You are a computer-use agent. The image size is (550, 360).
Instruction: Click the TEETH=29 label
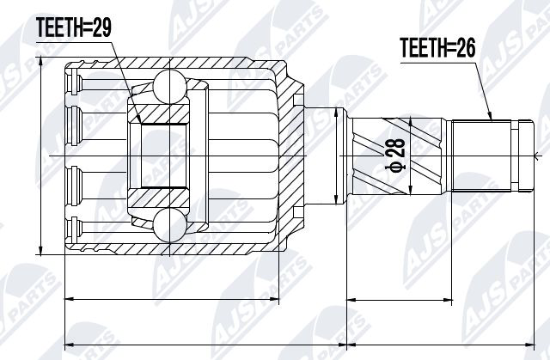pyautogui.click(x=74, y=27)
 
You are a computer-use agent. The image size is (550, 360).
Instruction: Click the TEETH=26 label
pyautogui.click(x=437, y=47)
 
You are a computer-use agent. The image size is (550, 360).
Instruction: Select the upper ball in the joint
pyautogui.click(x=170, y=87)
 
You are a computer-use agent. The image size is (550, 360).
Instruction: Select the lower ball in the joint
pyautogui.click(x=170, y=225)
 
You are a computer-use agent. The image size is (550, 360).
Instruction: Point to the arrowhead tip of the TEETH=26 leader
pyautogui.click(x=491, y=120)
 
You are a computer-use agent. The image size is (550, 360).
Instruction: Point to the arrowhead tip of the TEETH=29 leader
pyautogui.click(x=141, y=124)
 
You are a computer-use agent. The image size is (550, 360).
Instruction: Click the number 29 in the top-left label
pyautogui.click(x=101, y=27)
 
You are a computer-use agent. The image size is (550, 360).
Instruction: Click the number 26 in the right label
pyautogui.click(x=466, y=47)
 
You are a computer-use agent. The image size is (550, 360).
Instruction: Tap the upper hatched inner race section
pyautogui.click(x=158, y=114)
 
